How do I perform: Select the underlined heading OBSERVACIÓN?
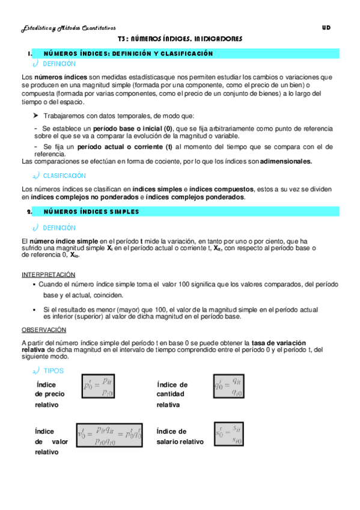pyautogui.click(x=44, y=330)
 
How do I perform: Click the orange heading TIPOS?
pyautogui.click(x=53, y=371)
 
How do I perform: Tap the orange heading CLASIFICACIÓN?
pyautogui.click(x=64, y=176)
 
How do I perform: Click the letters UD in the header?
pyautogui.click(x=326, y=27)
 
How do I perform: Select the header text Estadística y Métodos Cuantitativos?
pyautogui.click(x=64, y=28)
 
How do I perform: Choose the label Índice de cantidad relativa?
pyautogui.click(x=172, y=395)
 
